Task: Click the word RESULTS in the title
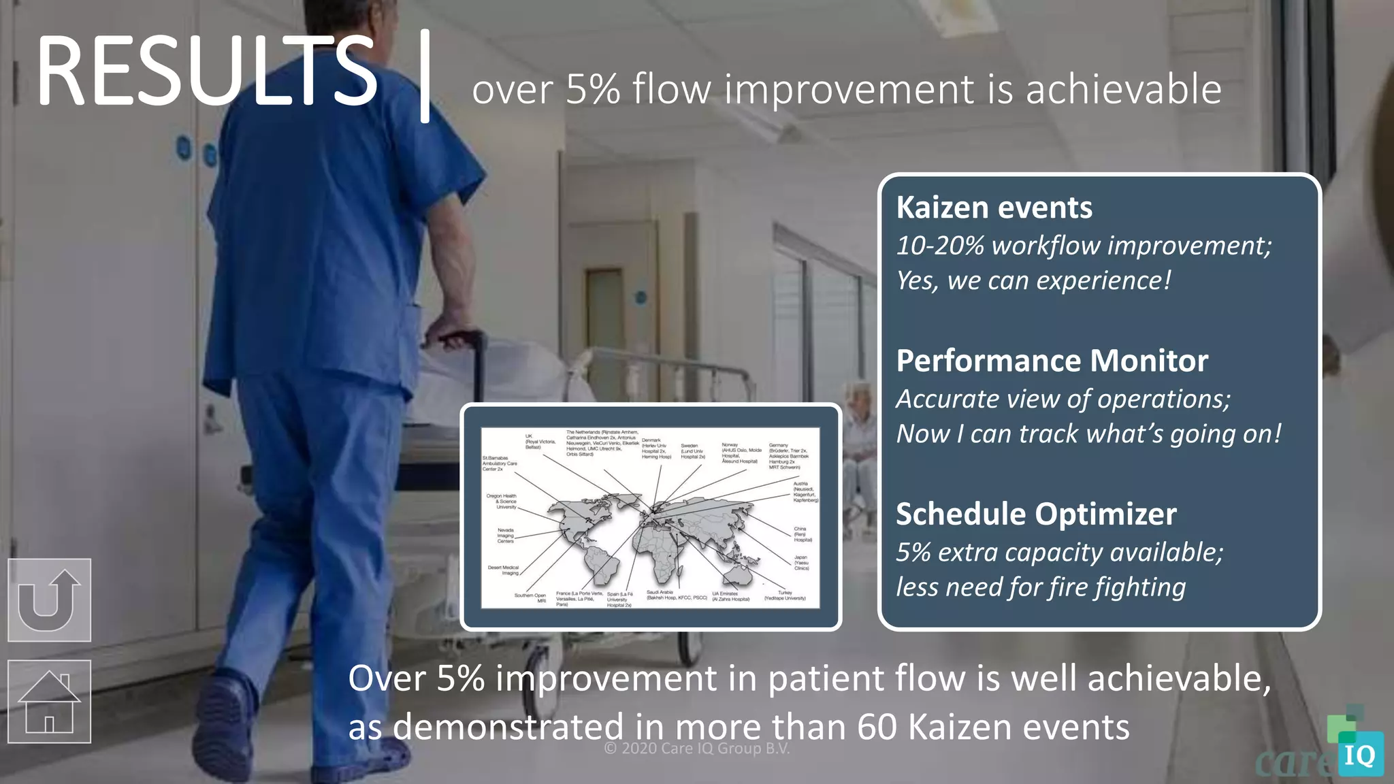click(x=206, y=71)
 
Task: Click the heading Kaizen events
click(x=994, y=208)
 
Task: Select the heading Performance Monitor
click(x=1052, y=361)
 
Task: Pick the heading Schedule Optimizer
click(x=1035, y=514)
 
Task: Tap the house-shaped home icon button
click(x=49, y=702)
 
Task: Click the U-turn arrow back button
click(x=49, y=600)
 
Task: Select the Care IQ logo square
click(x=1360, y=754)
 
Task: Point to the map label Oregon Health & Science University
click(x=502, y=501)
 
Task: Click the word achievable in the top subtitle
click(x=1123, y=90)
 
